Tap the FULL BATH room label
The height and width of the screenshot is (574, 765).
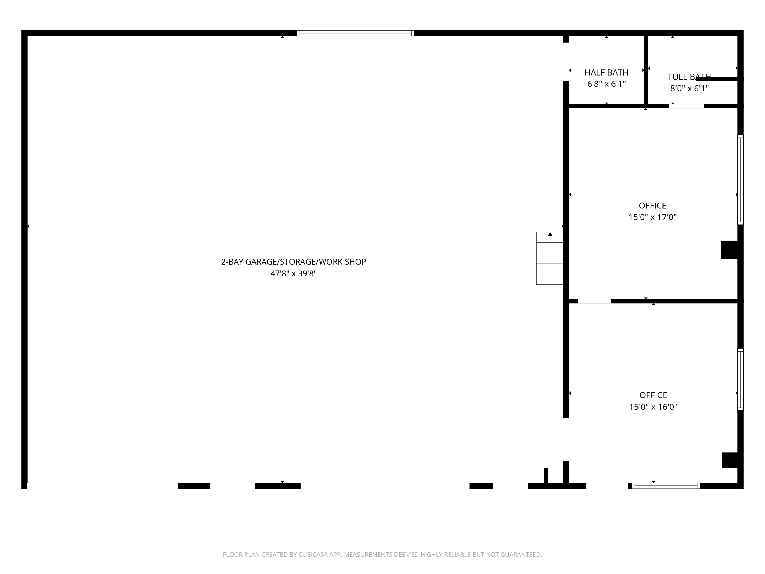point(689,77)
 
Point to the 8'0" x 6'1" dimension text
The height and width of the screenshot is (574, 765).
point(689,89)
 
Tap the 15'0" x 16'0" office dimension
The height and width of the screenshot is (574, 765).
point(653,407)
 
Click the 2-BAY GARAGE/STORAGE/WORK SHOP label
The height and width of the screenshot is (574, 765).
point(293,262)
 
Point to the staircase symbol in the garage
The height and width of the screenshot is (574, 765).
point(550,258)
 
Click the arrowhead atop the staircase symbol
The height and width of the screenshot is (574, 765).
point(550,234)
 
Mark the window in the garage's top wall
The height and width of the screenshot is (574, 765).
point(355,33)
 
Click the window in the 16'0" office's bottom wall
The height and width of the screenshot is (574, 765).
point(666,485)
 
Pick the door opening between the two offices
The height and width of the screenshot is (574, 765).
point(594,301)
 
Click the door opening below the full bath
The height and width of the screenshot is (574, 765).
point(686,106)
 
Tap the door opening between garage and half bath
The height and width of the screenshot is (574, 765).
point(566,61)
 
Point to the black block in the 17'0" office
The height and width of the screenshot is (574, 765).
point(729,250)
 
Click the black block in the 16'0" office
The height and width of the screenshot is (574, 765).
point(730,460)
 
